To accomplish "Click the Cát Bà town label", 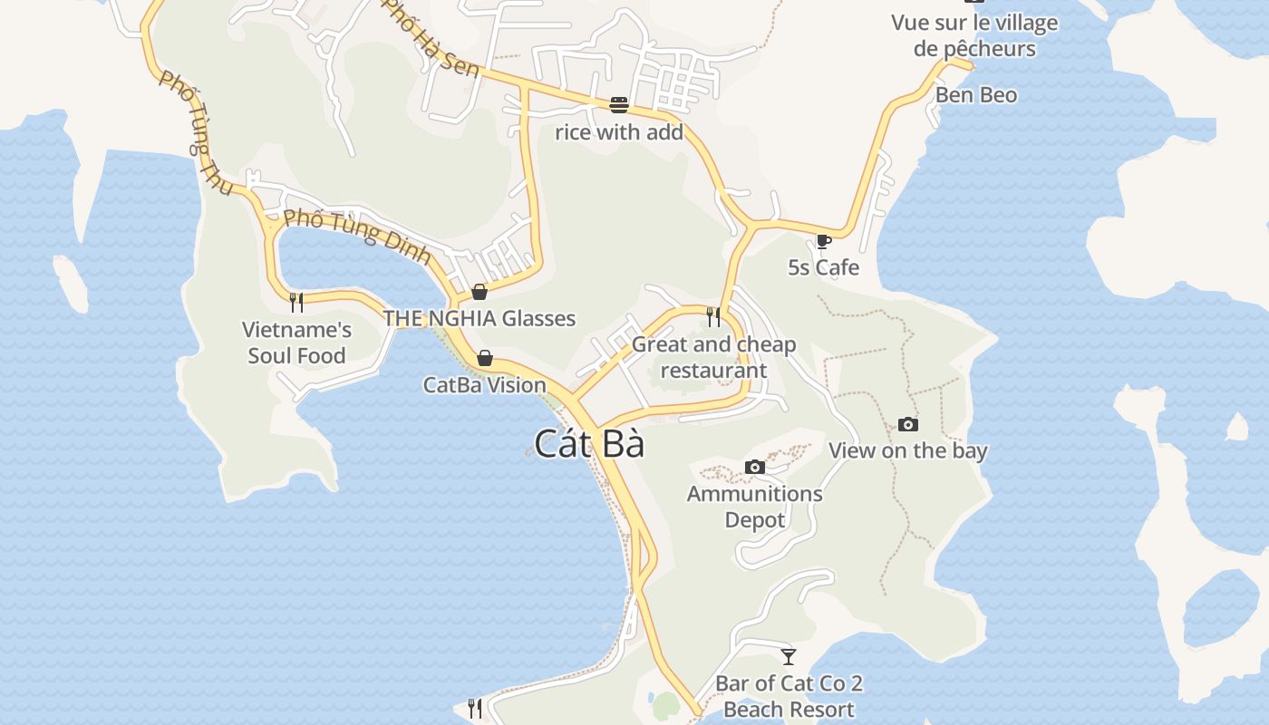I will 589,444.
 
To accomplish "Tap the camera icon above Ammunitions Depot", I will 754,468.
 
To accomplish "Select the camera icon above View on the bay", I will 907,424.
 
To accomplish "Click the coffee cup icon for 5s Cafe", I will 823,241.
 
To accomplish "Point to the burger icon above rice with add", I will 619,105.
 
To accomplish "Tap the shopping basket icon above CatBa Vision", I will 485,358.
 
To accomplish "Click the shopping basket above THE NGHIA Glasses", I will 480,292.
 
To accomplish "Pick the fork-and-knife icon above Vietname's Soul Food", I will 296,302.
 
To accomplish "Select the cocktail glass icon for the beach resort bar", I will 789,656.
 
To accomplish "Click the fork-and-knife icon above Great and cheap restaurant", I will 713,316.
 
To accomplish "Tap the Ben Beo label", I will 976,95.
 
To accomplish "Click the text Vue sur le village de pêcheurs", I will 974,35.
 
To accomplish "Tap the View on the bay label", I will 907,450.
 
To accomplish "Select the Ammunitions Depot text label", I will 754,507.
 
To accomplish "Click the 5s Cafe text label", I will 823,268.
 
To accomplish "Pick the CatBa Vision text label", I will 485,385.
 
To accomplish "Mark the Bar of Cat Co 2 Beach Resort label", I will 789,696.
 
